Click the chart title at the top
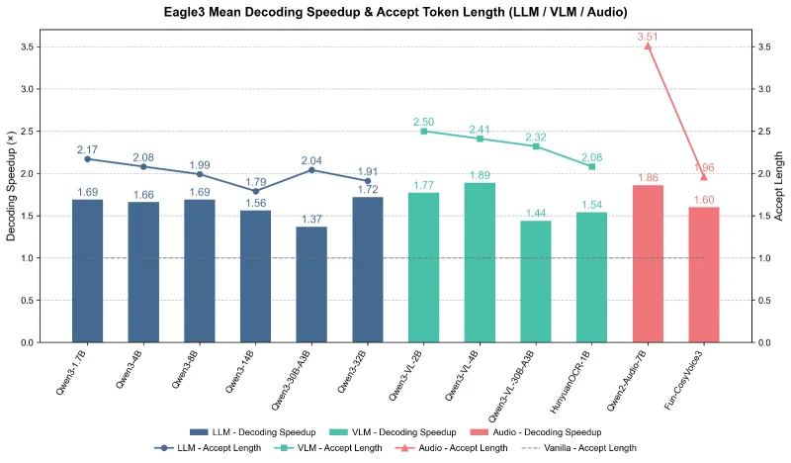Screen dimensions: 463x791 [395, 13]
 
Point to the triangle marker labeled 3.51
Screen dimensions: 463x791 [648, 46]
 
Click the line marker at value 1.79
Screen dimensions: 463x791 [255, 191]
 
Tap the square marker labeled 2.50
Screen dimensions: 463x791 [423, 131]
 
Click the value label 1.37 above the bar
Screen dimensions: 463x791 [311, 219]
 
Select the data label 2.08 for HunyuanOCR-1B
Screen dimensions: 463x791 [591, 156]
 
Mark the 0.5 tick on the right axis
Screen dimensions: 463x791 [762, 301]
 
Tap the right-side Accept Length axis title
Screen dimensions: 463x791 [780, 187]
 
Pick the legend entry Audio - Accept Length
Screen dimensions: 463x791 [466, 448]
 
